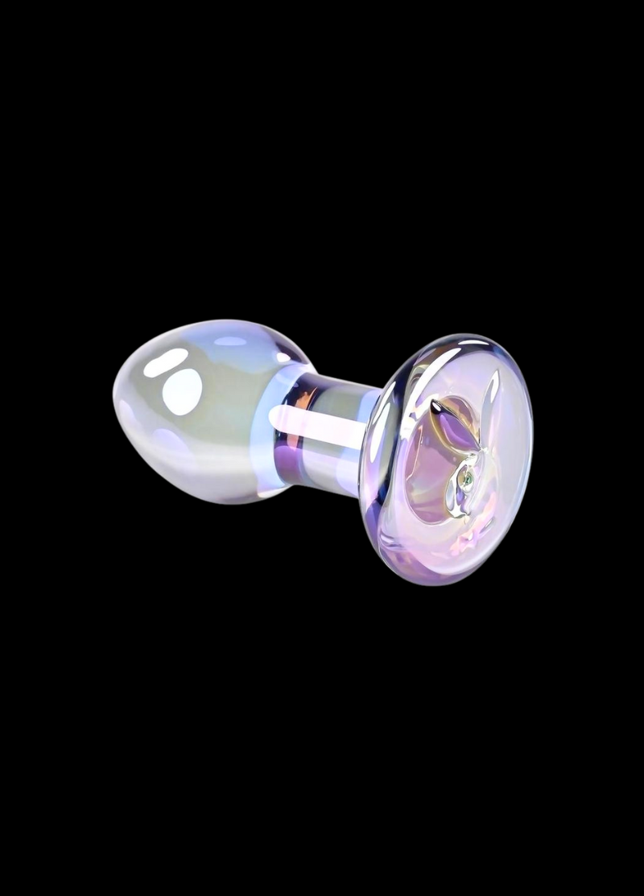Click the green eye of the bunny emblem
pyautogui.click(x=466, y=481)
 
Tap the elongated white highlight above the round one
pyautogui.click(x=165, y=362)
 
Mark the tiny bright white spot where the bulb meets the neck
pyautogui.click(x=283, y=357)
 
